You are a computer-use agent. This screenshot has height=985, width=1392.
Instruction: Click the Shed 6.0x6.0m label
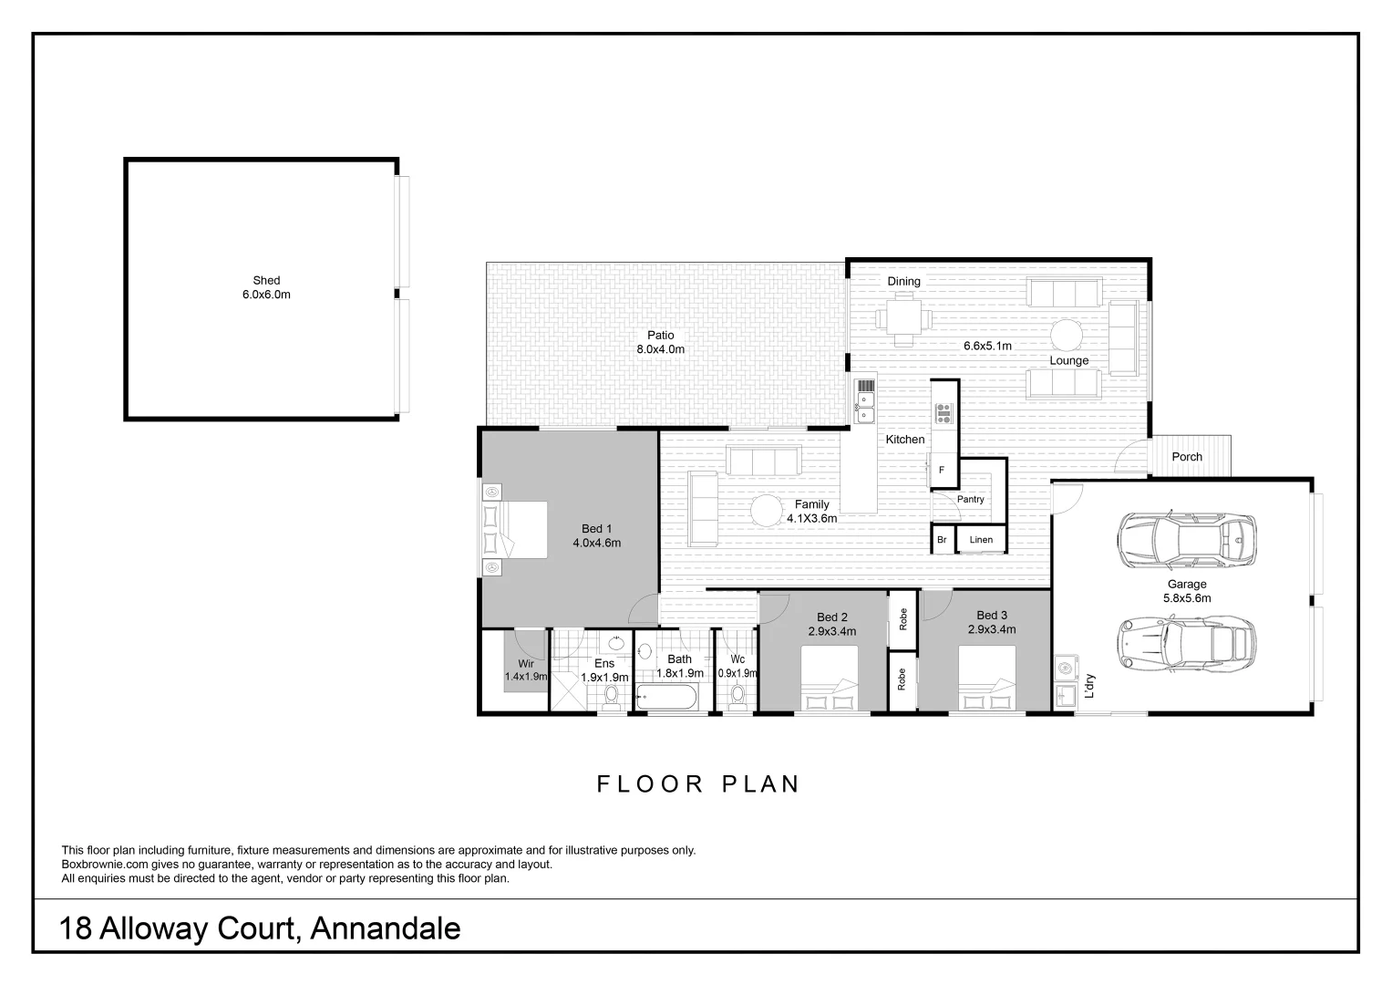coord(266,287)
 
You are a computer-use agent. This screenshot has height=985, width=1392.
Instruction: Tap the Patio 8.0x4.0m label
coord(660,342)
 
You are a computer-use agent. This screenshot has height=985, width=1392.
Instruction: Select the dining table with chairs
coord(903,319)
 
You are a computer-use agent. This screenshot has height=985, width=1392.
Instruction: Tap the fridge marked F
coord(943,472)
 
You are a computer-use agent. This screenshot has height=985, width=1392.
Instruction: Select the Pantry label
coord(970,499)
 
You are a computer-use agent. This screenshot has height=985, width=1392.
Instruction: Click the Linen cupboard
coord(981,540)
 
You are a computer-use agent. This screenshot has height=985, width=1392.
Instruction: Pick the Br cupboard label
coord(942,540)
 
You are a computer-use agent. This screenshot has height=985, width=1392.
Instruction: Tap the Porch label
coord(1186,457)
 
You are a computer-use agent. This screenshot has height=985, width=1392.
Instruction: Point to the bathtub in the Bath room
coord(667,699)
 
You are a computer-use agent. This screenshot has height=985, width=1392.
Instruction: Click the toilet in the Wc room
coord(738,696)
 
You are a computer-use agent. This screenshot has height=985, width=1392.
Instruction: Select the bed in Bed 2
coord(829,678)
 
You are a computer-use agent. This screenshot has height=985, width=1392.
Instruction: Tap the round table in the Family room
coord(767,510)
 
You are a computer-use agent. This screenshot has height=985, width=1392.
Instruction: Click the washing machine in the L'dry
coord(1064,669)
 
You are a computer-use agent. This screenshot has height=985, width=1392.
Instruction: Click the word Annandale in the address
coord(385,928)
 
